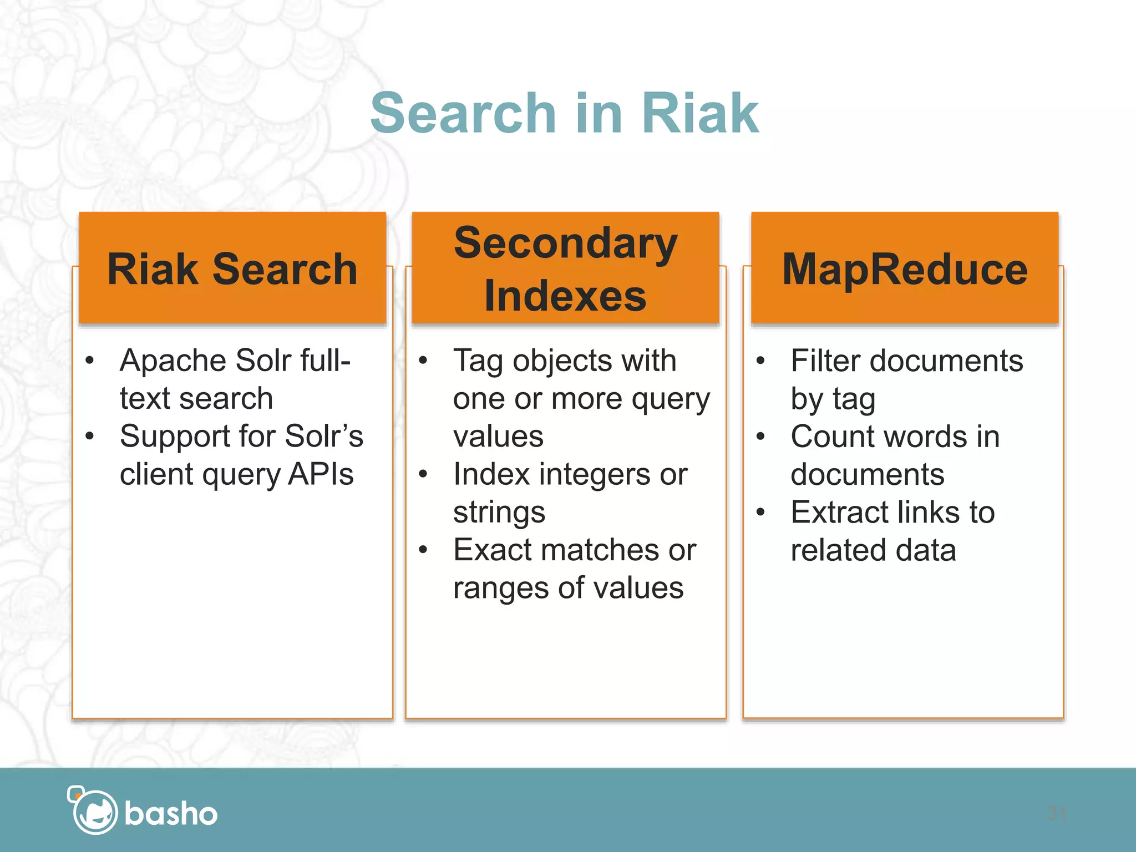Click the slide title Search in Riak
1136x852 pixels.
[564, 114]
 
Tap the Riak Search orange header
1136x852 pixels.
[232, 269]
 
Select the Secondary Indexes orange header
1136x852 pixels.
[565, 269]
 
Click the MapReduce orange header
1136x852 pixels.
[905, 269]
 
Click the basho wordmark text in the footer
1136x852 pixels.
[171, 814]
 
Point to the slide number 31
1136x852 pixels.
[1056, 814]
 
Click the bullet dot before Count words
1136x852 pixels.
[760, 437]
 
